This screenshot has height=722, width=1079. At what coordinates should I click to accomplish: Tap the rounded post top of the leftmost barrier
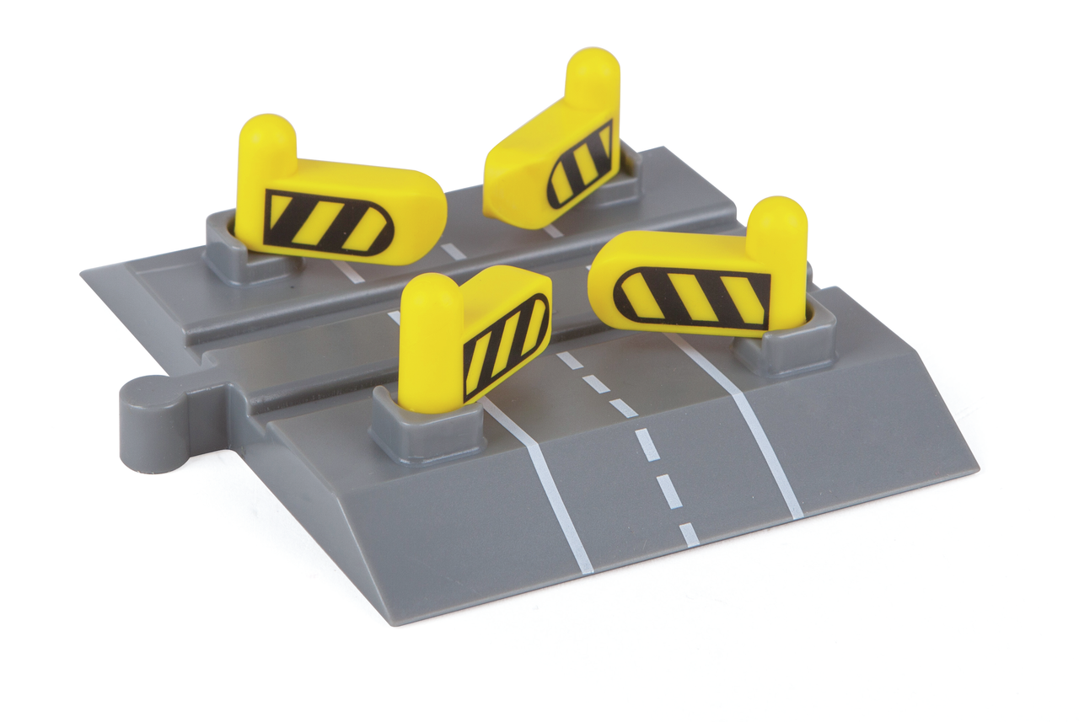(x=268, y=136)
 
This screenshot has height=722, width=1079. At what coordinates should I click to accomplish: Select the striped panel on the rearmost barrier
(x=581, y=163)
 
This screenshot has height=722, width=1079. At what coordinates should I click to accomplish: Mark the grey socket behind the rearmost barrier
(x=624, y=181)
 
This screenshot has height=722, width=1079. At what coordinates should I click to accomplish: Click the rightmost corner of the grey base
(x=976, y=466)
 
